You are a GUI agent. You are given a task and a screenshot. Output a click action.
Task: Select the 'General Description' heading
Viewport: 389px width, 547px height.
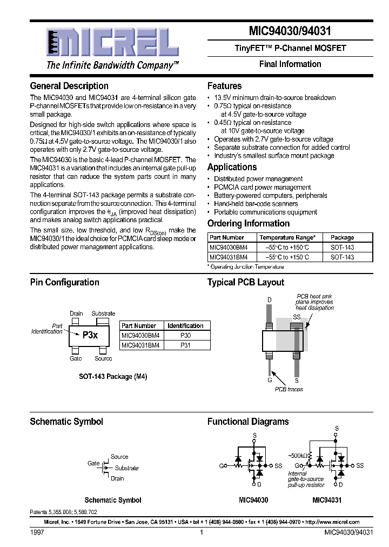[x=69, y=86]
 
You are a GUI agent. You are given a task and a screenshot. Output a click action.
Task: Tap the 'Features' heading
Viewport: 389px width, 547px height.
[x=224, y=86]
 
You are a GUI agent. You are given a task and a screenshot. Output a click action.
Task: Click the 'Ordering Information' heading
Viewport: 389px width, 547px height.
[x=248, y=223]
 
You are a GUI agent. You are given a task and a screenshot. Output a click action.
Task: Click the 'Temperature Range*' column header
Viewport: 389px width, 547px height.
[x=287, y=237]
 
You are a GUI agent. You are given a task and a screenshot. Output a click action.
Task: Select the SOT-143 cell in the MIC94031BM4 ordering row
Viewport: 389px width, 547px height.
[x=342, y=257]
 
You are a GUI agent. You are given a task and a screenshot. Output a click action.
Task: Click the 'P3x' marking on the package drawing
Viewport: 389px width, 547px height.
[x=90, y=335]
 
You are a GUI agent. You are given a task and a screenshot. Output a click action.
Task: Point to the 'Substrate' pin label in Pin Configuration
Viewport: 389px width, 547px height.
[x=103, y=313]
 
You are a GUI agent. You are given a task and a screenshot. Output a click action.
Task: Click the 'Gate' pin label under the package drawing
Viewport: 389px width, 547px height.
[x=76, y=358]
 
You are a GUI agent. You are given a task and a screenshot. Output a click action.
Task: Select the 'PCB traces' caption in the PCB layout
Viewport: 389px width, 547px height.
[x=289, y=389]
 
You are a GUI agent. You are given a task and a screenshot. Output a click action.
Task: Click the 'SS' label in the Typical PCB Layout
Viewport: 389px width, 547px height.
[x=297, y=317]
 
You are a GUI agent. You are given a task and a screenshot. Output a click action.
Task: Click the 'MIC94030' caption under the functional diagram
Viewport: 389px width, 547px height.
[x=253, y=501]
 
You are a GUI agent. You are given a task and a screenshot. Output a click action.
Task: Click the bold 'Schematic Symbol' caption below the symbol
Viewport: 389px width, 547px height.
[x=113, y=501]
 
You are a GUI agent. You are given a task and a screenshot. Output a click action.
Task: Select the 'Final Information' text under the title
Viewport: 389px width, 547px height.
[x=290, y=64]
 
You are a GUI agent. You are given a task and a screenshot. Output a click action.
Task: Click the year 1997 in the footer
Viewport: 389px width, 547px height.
[x=37, y=532]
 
